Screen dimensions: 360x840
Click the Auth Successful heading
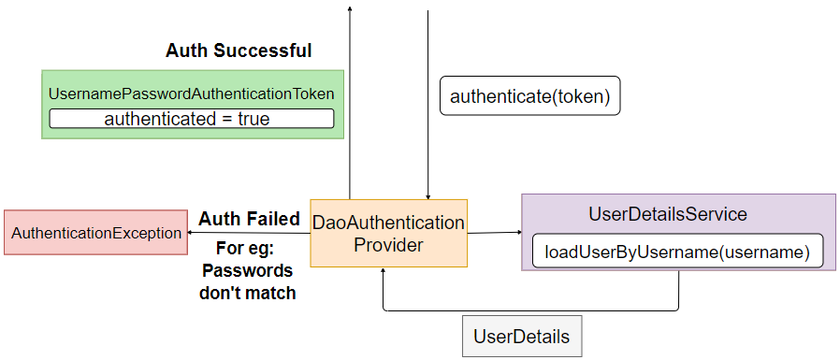pyautogui.click(x=239, y=50)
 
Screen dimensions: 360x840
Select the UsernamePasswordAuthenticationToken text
pyautogui.click(x=191, y=94)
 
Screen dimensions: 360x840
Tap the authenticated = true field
pyautogui.click(x=191, y=119)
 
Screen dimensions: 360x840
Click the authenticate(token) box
pyautogui.click(x=529, y=96)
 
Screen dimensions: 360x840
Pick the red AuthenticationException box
pyautogui.click(x=96, y=233)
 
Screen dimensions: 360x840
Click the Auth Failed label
pyautogui.click(x=249, y=219)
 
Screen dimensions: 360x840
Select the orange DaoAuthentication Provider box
pyautogui.click(x=387, y=233)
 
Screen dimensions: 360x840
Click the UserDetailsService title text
pyautogui.click(x=668, y=214)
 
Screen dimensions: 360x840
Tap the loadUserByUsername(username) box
pyautogui.click(x=677, y=252)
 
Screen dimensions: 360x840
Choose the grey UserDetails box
pyautogui.click(x=522, y=337)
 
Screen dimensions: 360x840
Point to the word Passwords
pyautogui.click(x=248, y=271)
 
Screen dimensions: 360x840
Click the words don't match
pyautogui.click(x=248, y=293)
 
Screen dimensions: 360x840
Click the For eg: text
pyautogui.click(x=248, y=251)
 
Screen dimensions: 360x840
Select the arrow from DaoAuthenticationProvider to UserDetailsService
pyautogui.click(x=494, y=232)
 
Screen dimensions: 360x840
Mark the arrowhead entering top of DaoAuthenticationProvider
pyautogui.click(x=427, y=195)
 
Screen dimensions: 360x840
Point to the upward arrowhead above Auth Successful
pyautogui.click(x=350, y=7)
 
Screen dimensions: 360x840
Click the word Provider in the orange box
pyautogui.click(x=387, y=245)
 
